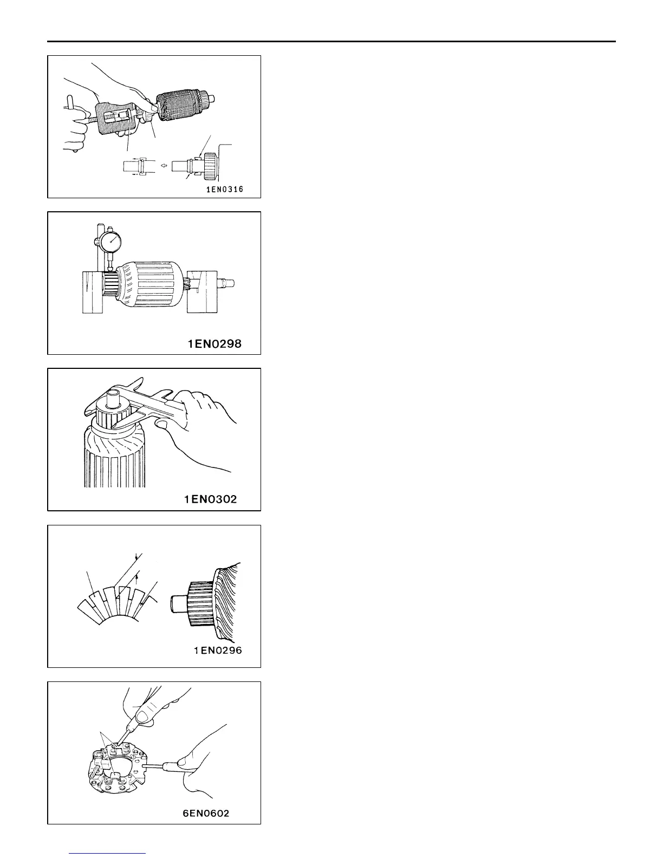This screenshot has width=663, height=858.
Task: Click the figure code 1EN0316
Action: pos(224,189)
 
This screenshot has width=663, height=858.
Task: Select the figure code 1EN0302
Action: pos(210,499)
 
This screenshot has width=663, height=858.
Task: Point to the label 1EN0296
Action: pos(218,651)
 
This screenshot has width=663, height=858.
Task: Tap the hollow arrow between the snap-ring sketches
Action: pos(162,165)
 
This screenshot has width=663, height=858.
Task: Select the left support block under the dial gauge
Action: pos(92,292)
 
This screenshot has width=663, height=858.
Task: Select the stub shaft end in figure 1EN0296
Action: pos(177,603)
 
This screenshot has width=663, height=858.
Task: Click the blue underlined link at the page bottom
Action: pos(108,853)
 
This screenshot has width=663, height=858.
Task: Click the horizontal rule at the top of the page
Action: pos(331,42)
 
